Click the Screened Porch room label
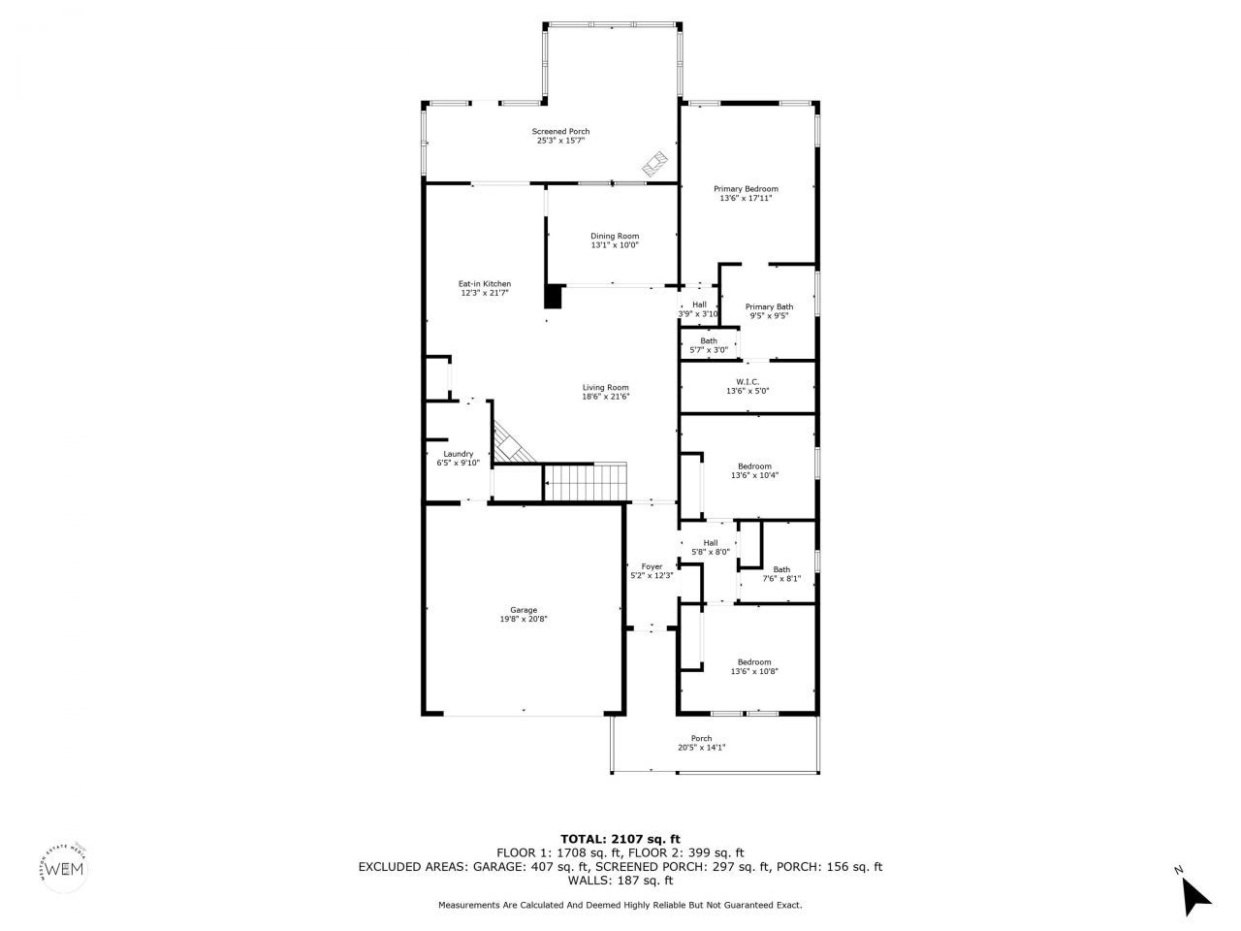coord(560,132)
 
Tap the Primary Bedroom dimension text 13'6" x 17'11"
coord(746,199)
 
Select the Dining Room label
coord(615,236)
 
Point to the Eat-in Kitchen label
coord(484,284)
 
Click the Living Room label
coord(605,388)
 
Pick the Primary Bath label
coord(769,307)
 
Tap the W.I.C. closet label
coord(747,382)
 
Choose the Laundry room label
coord(458,454)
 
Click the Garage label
coord(524,610)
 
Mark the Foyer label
coord(652,566)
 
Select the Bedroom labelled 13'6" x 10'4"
coord(754,466)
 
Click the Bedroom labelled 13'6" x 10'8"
coord(754,662)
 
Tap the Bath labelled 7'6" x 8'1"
coord(781,570)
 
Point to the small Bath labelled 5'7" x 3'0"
coord(709,341)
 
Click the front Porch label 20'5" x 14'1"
coord(701,739)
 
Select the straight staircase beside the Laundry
coord(586,482)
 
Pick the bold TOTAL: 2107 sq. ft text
coord(620,839)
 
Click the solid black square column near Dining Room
coord(555,296)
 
